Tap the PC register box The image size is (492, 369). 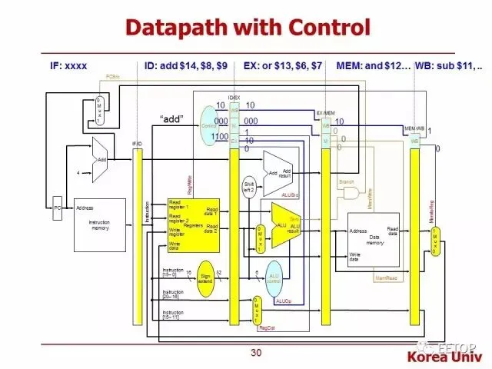click(x=57, y=208)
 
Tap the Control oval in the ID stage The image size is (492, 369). click(x=210, y=125)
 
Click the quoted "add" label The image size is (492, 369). click(x=175, y=119)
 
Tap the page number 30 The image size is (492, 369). click(x=256, y=353)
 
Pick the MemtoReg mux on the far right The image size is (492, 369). click(x=435, y=241)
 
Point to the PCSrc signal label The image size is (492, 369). click(x=112, y=77)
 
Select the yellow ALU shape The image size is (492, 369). click(x=284, y=226)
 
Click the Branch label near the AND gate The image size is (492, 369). click(x=347, y=181)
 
